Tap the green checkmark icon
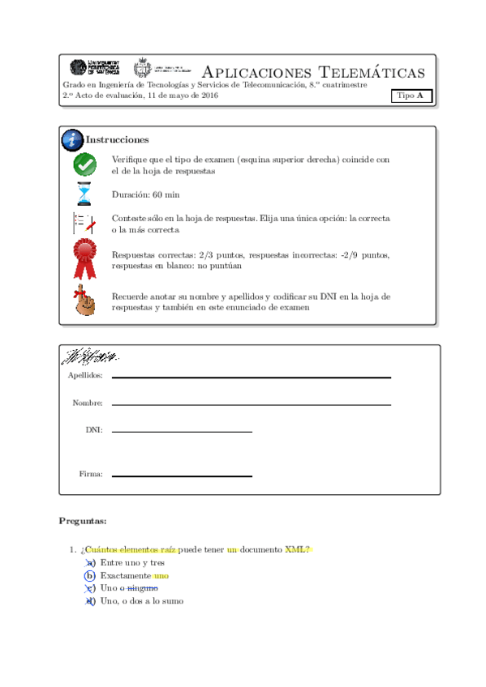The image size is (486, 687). [x=84, y=164]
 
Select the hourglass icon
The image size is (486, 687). [x=84, y=194]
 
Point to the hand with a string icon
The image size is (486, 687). [x=84, y=301]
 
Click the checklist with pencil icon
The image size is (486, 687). [x=84, y=224]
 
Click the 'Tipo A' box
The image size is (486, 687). [x=411, y=96]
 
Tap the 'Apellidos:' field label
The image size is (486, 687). [x=86, y=376]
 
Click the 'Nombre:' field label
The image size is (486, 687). [x=88, y=403]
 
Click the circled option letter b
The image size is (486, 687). [x=90, y=575]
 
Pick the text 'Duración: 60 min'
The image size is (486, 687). [x=145, y=195]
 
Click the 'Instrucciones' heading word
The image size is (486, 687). [x=118, y=140]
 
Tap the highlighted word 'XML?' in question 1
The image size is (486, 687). [x=298, y=549]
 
